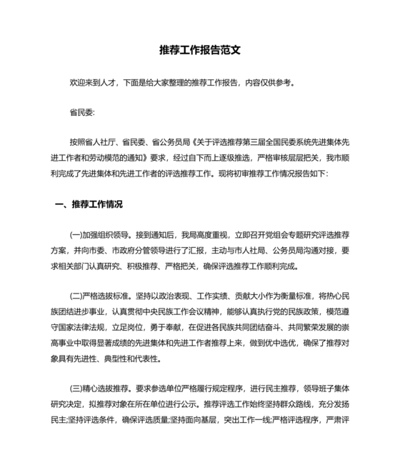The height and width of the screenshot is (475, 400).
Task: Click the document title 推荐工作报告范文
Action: (200, 51)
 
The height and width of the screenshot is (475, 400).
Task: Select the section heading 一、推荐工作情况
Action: (89, 204)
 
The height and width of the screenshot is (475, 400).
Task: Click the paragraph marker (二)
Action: (77, 296)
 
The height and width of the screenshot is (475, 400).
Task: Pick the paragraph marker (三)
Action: (77, 389)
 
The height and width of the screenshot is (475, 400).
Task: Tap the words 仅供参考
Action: (275, 82)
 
